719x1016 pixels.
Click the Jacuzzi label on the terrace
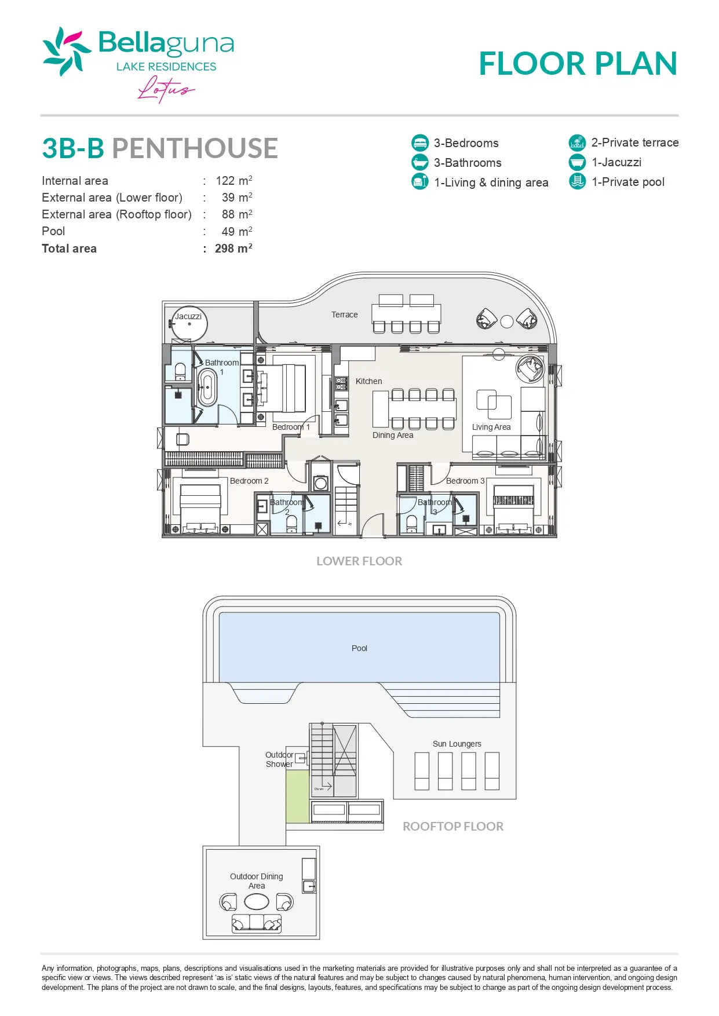pyautogui.click(x=188, y=316)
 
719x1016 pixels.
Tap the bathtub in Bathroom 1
pyautogui.click(x=207, y=388)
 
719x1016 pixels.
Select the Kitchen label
pyautogui.click(x=369, y=381)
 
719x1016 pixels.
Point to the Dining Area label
pyautogui.click(x=393, y=435)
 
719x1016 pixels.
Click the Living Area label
pyautogui.click(x=491, y=427)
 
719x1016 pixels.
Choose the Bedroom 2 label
pyautogui.click(x=249, y=481)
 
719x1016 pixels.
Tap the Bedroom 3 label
pyautogui.click(x=465, y=481)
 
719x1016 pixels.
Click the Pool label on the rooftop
pyautogui.click(x=359, y=648)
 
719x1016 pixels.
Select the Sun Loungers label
pyautogui.click(x=457, y=744)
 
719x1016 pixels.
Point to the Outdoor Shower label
pyautogui.click(x=279, y=759)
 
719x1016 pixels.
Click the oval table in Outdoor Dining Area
pyautogui.click(x=257, y=902)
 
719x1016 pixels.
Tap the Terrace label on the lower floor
pyautogui.click(x=345, y=315)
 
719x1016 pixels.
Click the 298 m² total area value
pyautogui.click(x=233, y=248)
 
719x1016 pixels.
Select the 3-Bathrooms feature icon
pyautogui.click(x=420, y=162)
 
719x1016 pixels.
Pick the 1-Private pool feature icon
pyautogui.click(x=578, y=181)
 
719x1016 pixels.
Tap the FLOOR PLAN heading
pyautogui.click(x=578, y=63)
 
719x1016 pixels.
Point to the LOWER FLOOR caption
pyautogui.click(x=359, y=561)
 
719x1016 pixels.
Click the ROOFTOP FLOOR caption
pyautogui.click(x=453, y=827)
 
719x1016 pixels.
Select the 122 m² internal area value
pyautogui.click(x=234, y=181)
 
